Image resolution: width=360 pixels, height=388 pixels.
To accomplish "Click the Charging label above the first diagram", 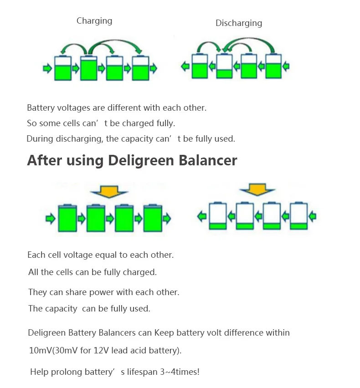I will pyautogui.click(x=94, y=20).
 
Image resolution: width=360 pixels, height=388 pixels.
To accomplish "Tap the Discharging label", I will pyautogui.click(x=239, y=23).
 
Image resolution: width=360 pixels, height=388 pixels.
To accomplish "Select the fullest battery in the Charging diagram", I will pyautogui.click(x=88, y=68).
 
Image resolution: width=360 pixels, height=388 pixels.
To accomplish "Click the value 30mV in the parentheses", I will pyautogui.click(x=66, y=351).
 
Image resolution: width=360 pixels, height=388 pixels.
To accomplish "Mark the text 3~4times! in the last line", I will pyautogui.click(x=180, y=372).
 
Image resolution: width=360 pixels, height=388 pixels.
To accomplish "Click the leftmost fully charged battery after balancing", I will pyautogui.click(x=67, y=218).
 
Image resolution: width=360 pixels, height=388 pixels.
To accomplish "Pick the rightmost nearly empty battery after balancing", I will pyautogui.click(x=299, y=216).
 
